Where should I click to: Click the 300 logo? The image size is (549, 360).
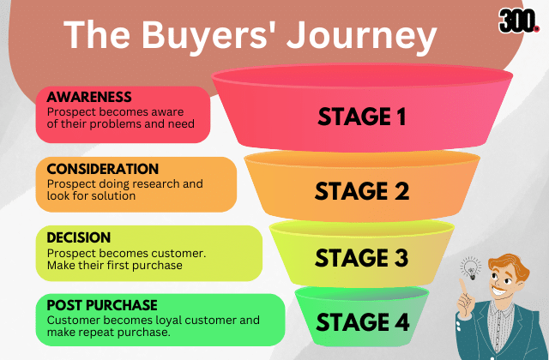tap(517, 21)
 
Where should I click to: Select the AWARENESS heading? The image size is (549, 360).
tap(89, 97)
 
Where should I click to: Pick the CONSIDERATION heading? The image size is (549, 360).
tap(103, 169)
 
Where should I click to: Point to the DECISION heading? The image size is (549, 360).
tap(79, 237)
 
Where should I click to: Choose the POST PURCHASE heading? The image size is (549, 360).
tap(102, 305)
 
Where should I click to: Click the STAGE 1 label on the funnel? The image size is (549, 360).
tap(362, 117)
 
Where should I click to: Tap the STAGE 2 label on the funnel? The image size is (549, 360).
tap(362, 191)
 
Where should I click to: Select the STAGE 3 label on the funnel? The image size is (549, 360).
tap(362, 258)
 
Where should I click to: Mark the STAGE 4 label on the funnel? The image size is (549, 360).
tap(362, 322)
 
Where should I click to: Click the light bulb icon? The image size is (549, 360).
tap(471, 268)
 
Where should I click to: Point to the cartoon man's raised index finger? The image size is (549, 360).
tap(463, 286)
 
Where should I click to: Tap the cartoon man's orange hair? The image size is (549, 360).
tap(510, 265)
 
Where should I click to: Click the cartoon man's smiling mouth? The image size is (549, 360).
tap(500, 291)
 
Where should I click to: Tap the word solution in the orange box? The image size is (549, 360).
tap(112, 196)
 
